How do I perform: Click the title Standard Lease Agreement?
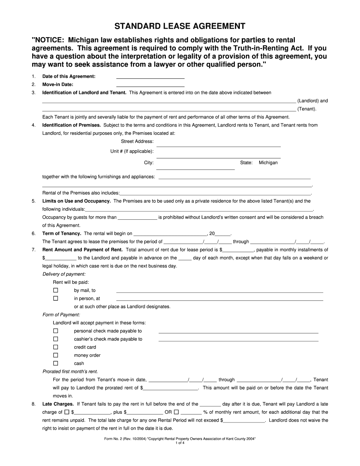180,26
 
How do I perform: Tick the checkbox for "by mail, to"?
56,290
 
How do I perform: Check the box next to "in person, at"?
56,298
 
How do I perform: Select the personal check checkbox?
56,331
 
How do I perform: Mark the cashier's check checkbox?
56,339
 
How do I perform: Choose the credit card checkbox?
56,347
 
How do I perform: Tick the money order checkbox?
56,355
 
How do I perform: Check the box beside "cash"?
56,363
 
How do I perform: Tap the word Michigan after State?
268,163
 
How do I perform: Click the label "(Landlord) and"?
313,101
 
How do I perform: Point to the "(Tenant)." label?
307,109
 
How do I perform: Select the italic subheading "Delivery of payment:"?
64,274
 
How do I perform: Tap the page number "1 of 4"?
180,443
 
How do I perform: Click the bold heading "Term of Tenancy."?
62,233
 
